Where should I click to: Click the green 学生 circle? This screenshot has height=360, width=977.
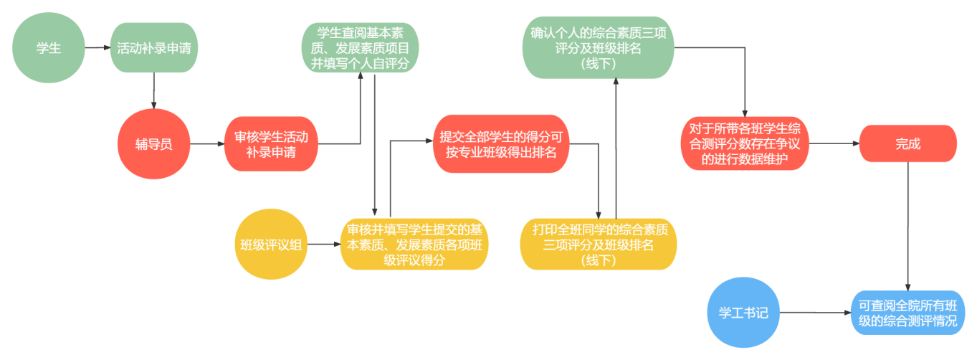tap(48, 48)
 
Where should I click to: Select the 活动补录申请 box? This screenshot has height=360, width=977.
tap(154, 48)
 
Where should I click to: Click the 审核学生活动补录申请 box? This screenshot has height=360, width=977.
tap(272, 144)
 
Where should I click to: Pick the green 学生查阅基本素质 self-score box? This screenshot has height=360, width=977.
tap(360, 48)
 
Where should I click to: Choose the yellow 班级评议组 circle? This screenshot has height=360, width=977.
tap(271, 244)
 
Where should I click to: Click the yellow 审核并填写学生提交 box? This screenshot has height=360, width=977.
tap(414, 244)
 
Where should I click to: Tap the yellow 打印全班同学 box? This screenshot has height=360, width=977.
tap(598, 244)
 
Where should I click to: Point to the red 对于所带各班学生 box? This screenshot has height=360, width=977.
tap(745, 144)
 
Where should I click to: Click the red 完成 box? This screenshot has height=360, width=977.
tap(907, 144)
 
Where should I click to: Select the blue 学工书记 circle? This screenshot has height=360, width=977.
tap(743, 313)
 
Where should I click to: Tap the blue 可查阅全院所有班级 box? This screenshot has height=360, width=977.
tap(907, 313)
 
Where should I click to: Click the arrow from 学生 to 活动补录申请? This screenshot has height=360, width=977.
tap(97, 48)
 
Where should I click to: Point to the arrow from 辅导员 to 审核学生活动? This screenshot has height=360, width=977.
tap(207, 144)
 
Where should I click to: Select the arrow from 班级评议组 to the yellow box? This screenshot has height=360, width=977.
tap(323, 244)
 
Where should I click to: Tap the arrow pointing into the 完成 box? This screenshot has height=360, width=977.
tap(834, 144)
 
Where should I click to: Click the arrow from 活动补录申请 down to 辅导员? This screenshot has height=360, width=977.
tap(154, 91)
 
